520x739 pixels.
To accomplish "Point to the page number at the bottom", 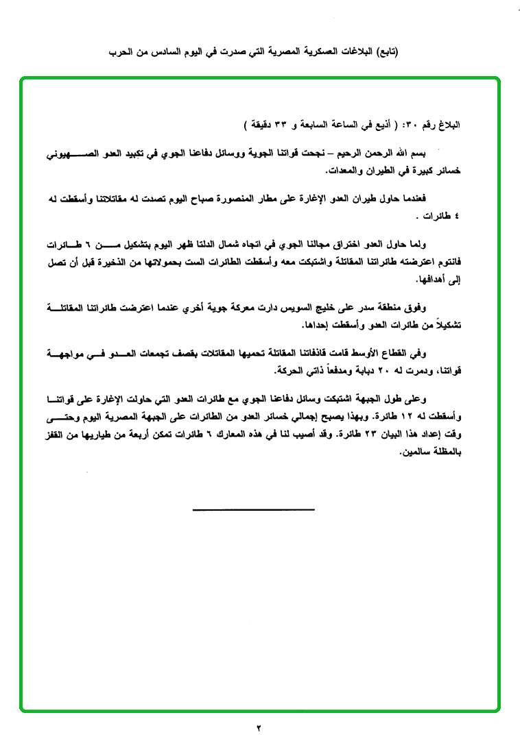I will coord(260,727).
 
